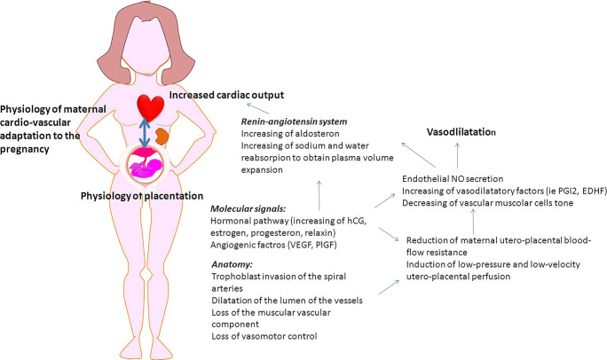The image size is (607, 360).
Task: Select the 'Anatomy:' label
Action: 234,264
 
